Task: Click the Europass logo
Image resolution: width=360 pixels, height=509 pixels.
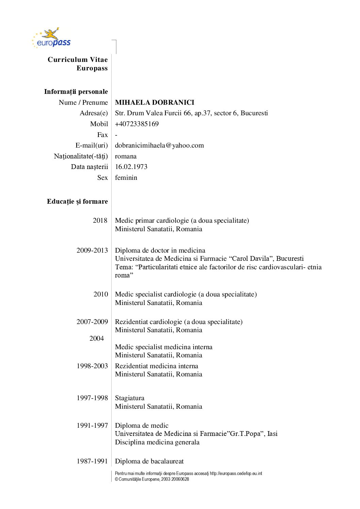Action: coord(51,38)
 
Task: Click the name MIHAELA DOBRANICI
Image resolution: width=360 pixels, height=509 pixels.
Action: coord(154,102)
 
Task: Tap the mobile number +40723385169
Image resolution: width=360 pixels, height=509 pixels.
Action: coord(137,124)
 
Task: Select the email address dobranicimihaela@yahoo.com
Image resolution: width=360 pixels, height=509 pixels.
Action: coord(159,146)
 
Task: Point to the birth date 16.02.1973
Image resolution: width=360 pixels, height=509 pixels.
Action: coord(131,167)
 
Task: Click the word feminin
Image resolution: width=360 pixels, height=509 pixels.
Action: coord(126,177)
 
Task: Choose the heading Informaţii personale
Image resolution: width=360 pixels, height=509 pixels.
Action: coord(76,91)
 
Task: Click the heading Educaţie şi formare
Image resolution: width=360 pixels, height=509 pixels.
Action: coord(77,201)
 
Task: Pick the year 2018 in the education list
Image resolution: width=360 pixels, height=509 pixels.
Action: coord(100,220)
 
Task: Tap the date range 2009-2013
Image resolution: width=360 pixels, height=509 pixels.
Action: coord(92,250)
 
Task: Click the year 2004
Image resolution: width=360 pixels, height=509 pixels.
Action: coord(97,338)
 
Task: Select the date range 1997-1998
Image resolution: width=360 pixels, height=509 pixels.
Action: coord(92,398)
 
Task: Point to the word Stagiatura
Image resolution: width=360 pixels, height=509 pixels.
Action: coord(130,398)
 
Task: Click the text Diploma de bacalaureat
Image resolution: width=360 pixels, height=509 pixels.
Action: coord(149,461)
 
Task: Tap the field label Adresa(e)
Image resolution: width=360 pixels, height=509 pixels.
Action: coord(94,113)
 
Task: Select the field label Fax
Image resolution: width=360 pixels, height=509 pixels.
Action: coord(102,135)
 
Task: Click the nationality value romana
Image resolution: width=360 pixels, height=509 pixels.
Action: coord(126,156)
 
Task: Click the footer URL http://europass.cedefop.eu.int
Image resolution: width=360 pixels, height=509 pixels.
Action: coord(236,473)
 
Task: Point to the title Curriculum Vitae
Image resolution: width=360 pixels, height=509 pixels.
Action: coord(78,60)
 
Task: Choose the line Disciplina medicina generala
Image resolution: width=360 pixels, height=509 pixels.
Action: coord(157,442)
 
